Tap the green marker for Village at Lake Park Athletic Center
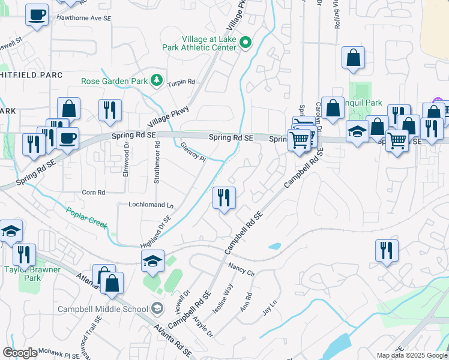[245, 43]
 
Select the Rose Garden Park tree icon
[156, 80]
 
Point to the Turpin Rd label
[181, 82]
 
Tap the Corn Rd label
[93, 193]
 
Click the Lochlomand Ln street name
[151, 205]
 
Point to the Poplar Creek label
[87, 218]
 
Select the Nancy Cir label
[242, 268]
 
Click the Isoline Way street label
[223, 298]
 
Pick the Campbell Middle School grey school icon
[157, 309]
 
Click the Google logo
[20, 352]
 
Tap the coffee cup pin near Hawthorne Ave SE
[37, 15]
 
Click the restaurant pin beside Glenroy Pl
[224, 198]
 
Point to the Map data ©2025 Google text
[412, 355]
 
